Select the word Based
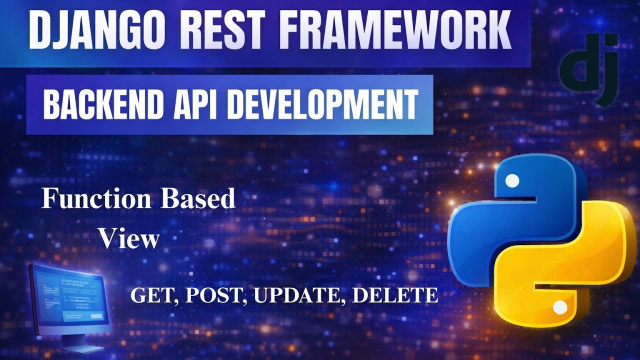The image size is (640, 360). [x=197, y=199]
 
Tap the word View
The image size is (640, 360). [x=128, y=239]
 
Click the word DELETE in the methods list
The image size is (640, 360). [x=395, y=295]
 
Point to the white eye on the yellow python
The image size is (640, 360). [x=560, y=306]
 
